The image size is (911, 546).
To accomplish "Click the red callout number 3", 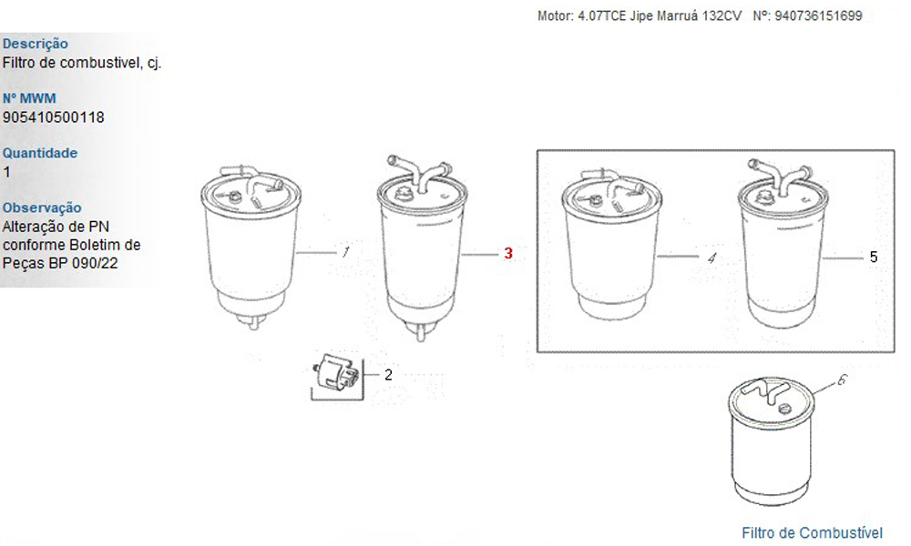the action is tap(508, 254).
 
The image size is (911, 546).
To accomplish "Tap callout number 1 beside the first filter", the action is tap(345, 252).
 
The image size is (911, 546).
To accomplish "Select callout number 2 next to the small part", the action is tap(388, 375).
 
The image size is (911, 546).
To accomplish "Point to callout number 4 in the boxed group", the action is tap(711, 258).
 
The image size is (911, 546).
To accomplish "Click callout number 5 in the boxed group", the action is tap(874, 257).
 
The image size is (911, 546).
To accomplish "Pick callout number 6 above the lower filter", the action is tap(842, 380).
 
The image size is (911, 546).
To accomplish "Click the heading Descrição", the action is tap(36, 44).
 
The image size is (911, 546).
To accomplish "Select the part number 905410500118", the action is tap(54, 117).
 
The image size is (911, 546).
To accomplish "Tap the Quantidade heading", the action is tap(40, 153).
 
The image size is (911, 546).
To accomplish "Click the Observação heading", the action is tap(42, 207).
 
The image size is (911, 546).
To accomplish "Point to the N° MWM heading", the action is tap(30, 98).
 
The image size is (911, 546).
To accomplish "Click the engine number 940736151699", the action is tap(818, 15).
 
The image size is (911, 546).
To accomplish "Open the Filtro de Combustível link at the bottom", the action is tap(812, 532).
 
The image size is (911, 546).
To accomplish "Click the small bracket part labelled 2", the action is tap(336, 372).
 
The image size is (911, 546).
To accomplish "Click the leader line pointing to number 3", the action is tap(480, 254).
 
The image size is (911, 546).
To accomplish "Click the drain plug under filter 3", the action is tap(421, 333).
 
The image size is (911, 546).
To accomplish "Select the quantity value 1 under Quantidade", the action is tap(6, 172).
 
